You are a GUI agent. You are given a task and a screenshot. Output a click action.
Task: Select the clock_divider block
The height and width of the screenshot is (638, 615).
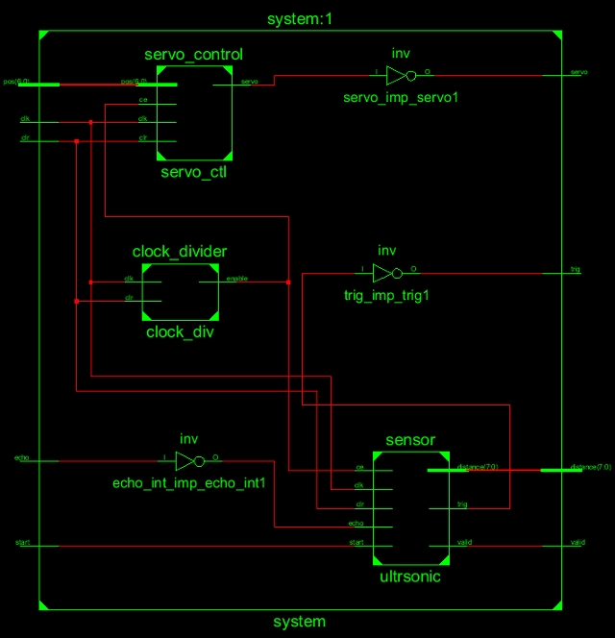coord(180,292)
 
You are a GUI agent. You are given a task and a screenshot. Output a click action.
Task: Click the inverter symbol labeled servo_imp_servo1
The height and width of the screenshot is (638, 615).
coord(400,75)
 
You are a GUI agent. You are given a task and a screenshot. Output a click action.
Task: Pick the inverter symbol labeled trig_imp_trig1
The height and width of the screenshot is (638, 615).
coord(386,273)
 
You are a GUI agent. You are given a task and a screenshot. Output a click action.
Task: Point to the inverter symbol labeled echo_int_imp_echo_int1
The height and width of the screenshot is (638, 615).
coord(188,460)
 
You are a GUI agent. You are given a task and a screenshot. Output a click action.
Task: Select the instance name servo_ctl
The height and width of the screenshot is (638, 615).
coord(194,173)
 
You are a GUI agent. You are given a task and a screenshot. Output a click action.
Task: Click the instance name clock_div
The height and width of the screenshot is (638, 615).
coord(180,332)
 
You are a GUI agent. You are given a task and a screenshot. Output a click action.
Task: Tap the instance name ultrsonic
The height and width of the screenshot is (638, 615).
coord(410,578)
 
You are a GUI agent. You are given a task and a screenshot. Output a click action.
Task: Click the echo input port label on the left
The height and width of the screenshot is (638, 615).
coord(23,459)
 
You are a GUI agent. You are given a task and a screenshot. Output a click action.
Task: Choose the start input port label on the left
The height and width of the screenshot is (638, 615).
coord(23,543)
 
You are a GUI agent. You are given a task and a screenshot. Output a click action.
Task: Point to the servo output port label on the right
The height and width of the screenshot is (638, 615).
coord(579,73)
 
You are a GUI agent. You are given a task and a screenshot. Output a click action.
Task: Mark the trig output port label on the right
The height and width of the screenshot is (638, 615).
coord(576,271)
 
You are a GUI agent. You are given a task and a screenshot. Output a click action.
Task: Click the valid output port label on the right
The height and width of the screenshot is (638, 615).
coord(578,543)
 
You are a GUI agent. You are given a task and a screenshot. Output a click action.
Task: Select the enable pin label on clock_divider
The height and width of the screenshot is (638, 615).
coord(236,279)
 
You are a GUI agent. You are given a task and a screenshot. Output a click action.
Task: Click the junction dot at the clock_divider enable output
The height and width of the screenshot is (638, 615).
coord(288,282)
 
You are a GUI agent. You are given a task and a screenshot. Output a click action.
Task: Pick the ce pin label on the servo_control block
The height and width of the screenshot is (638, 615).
coord(142,98)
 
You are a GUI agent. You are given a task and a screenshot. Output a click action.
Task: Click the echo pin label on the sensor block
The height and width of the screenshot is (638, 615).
coord(355,524)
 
